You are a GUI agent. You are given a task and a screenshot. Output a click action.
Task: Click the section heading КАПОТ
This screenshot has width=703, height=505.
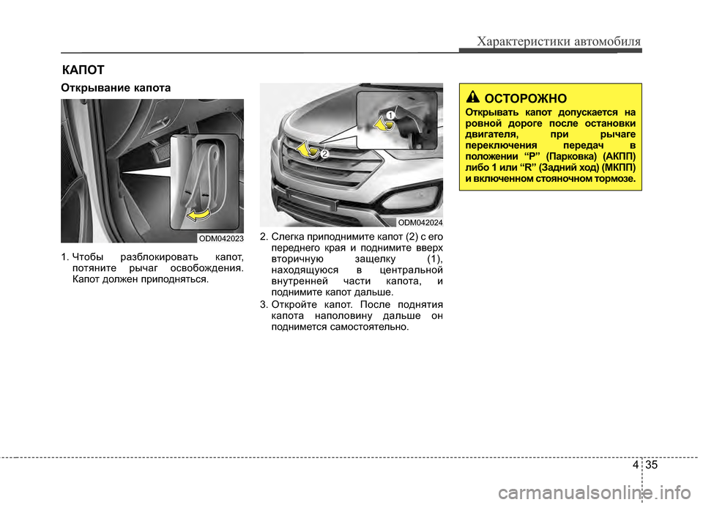(x=82, y=70)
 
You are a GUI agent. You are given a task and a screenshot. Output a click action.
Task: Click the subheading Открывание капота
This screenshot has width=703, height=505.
(x=116, y=88)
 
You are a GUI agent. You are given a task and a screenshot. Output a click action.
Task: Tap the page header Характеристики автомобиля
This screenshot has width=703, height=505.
(x=558, y=41)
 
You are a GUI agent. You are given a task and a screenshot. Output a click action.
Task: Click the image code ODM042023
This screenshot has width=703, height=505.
(x=220, y=238)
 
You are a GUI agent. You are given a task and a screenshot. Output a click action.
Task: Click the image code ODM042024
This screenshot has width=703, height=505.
(x=420, y=221)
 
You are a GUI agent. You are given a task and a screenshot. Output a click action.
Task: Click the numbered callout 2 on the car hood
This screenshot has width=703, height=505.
(x=323, y=154)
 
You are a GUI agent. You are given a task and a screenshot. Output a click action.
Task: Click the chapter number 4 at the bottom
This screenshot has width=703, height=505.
(x=633, y=465)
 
